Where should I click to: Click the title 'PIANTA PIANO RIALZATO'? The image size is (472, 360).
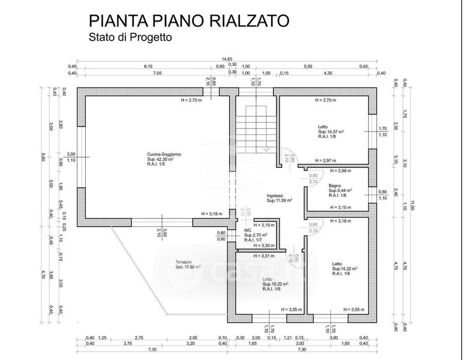(x=189, y=21)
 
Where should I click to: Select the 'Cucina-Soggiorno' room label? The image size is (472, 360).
(x=164, y=154)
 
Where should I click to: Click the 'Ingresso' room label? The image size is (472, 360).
(x=275, y=195)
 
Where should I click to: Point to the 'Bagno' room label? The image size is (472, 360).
(x=335, y=185)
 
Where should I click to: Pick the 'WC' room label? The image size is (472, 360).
(x=247, y=230)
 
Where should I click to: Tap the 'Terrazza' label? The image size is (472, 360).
(x=184, y=262)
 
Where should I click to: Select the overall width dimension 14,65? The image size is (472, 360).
(x=227, y=59)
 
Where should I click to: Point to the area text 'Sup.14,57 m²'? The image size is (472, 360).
(x=331, y=131)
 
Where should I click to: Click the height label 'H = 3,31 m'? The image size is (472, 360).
(x=264, y=256)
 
